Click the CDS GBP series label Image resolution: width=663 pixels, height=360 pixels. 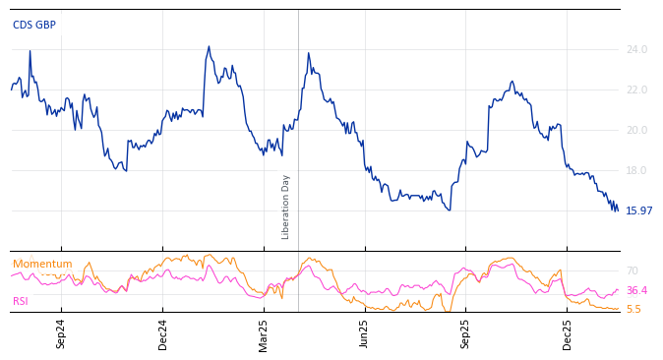click(x=34, y=26)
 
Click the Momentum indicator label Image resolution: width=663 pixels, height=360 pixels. click(x=42, y=265)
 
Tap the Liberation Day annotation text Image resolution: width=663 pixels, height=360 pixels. click(x=286, y=207)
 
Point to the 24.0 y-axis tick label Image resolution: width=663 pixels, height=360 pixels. click(x=636, y=49)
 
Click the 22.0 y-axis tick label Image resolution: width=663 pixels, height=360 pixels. click(x=636, y=90)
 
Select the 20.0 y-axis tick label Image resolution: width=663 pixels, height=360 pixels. click(x=636, y=130)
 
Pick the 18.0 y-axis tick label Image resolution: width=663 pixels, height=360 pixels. click(x=636, y=170)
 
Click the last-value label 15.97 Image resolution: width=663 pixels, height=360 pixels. click(x=638, y=210)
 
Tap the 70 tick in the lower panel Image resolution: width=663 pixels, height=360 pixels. click(x=632, y=270)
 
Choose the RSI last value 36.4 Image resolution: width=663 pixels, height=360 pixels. click(x=636, y=290)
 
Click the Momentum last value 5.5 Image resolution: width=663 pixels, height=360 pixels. click(x=633, y=309)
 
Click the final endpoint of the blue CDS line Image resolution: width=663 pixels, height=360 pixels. click(x=618, y=210)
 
